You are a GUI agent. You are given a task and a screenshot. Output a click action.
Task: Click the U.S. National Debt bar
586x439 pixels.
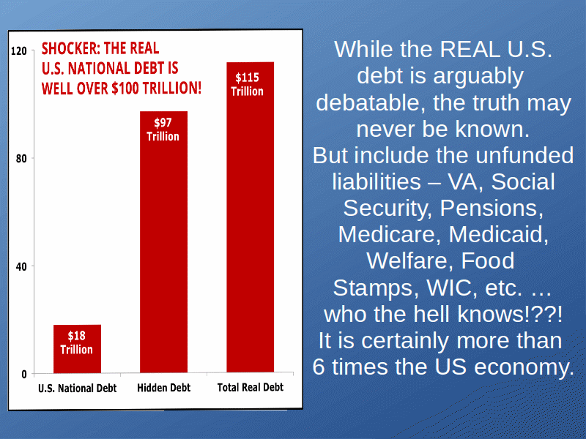coord(78,349)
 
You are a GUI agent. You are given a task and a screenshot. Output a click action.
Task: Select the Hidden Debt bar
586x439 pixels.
coord(163,242)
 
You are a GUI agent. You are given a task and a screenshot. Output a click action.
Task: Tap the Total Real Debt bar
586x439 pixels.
coord(251,217)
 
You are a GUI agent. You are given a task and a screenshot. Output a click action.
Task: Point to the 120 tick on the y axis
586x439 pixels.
coord(19,50)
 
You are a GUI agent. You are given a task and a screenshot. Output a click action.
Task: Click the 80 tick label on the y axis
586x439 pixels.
coord(22,159)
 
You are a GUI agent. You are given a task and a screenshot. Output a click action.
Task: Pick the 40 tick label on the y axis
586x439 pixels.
coord(22,266)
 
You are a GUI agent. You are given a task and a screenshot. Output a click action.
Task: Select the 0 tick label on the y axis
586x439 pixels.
coord(24,374)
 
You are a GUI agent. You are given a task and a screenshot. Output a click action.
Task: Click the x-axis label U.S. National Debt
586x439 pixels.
coord(78,389)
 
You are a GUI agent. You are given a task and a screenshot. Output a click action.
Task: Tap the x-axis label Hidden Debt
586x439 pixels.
coord(163,388)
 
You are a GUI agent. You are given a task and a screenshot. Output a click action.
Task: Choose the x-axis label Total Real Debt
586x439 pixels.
coord(251,388)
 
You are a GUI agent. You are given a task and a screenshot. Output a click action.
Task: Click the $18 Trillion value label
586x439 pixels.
coord(77,342)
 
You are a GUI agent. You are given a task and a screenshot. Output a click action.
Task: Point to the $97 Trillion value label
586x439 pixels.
coord(163,130)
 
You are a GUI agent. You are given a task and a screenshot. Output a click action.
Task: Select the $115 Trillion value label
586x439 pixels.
coord(247,84)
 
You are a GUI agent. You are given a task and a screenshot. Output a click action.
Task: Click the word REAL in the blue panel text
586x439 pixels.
coord(470,49)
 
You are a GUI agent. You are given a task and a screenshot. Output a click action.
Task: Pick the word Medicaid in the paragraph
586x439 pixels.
coord(499,234)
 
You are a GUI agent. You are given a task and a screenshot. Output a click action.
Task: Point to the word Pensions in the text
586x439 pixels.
coord(492,208)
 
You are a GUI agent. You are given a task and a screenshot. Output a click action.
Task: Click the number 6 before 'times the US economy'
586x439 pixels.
coord(319,367)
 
